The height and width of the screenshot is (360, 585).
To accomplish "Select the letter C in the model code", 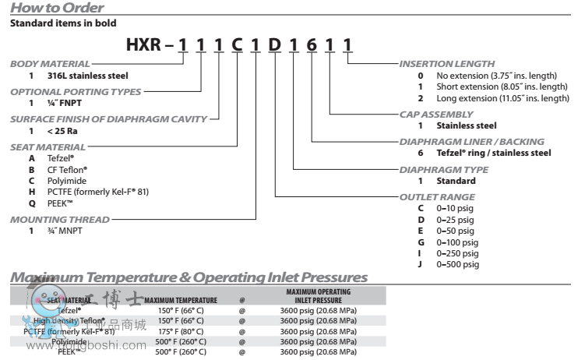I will click(236, 47).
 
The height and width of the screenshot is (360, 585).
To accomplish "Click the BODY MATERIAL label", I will click(49, 65).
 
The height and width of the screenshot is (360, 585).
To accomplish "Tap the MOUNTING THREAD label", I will click(58, 220).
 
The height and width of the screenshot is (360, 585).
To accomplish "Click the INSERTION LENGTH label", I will click(446, 64).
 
